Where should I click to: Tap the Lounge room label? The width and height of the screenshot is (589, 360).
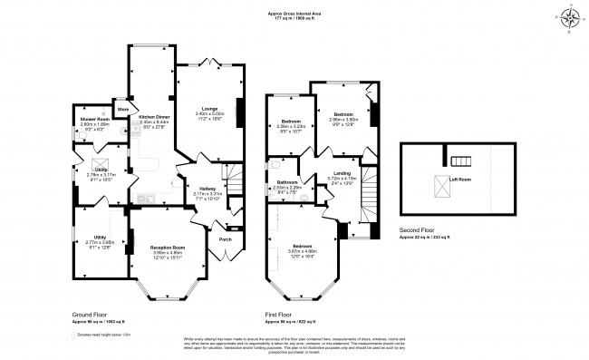click(209, 108)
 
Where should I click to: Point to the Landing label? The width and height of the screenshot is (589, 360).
click(342, 172)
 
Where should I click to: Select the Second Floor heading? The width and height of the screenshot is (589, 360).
click(422, 229)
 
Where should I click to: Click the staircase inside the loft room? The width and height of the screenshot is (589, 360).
click(462, 161)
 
